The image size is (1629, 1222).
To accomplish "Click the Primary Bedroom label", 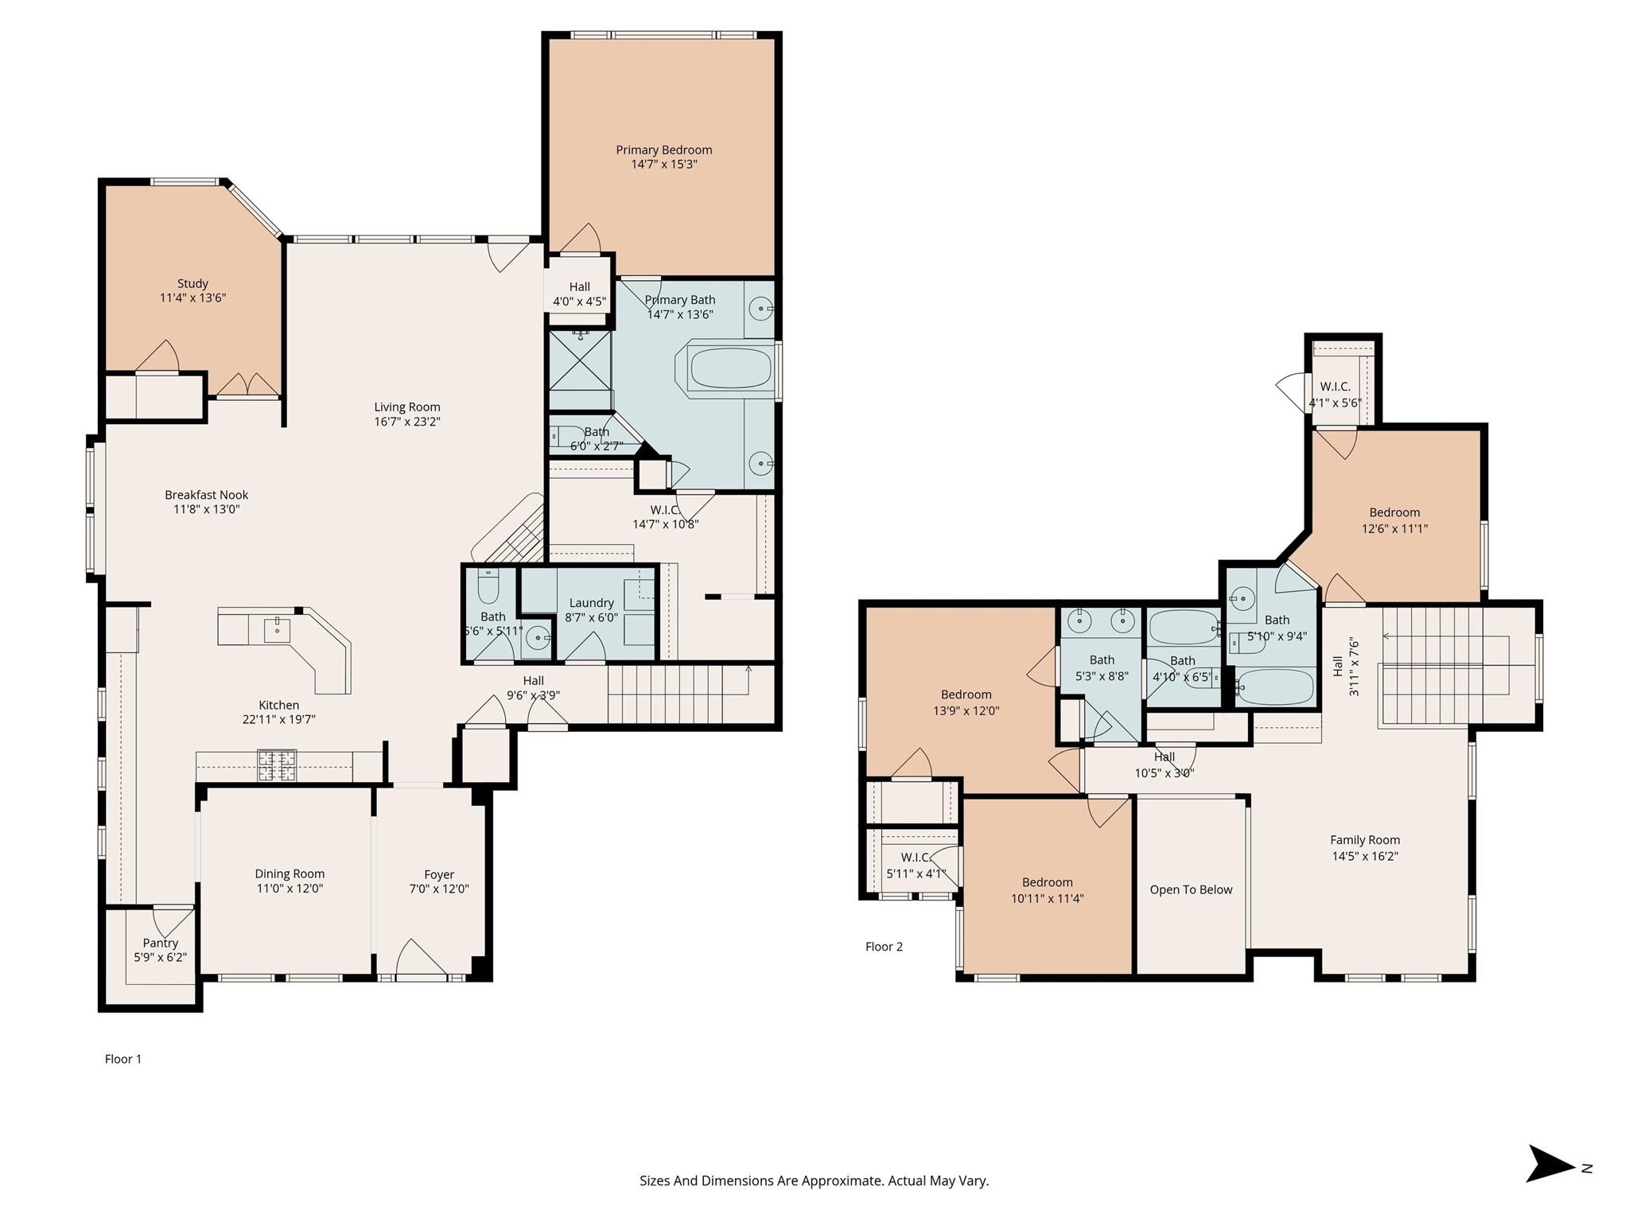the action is [x=664, y=150].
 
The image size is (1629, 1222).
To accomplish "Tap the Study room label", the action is [x=192, y=283].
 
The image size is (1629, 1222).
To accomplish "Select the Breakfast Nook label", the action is [x=207, y=495].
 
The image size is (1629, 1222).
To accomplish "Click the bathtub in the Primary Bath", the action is [x=731, y=368].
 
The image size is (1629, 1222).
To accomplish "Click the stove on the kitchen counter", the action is [x=276, y=765].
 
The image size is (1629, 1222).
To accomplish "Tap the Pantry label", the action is [x=161, y=943].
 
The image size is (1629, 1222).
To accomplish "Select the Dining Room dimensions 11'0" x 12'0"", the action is [x=290, y=889].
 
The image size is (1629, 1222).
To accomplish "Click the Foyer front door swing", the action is [x=422, y=957].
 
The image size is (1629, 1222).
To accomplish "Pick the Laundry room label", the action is [x=592, y=603].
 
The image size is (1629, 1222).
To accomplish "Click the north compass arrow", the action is [x=1549, y=1168].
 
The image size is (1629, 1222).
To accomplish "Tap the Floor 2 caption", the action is [x=884, y=947].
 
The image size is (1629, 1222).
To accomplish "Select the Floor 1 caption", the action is [x=123, y=1059].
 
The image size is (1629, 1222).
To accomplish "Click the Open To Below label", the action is [x=1191, y=889].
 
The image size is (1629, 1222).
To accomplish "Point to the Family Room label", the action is [x=1365, y=840].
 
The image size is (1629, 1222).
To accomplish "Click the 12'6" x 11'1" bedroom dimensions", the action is [x=1394, y=528].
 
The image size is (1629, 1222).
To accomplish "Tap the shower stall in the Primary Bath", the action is [x=581, y=360].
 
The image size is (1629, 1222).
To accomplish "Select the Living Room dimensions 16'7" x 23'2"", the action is [x=407, y=422].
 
